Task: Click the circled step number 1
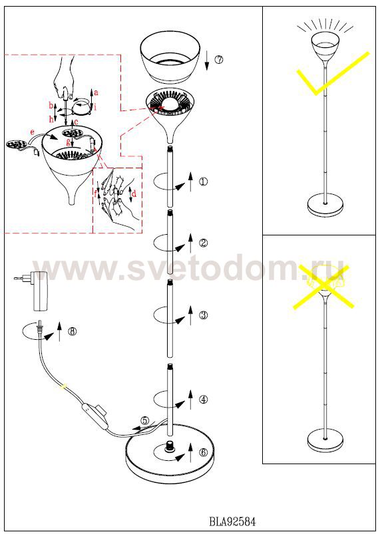[204, 181]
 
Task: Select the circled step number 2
[204, 243]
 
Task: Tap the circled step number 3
[204, 315]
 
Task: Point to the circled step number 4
[204, 400]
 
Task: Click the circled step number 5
[145, 420]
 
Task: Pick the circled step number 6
[204, 452]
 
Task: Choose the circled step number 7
[218, 59]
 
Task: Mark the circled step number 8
[72, 331]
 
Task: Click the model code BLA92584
[232, 522]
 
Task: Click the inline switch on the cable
[94, 412]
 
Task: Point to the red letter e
[33, 132]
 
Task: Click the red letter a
[96, 92]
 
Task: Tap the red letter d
[134, 194]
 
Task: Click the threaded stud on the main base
[170, 446]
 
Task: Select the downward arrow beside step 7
[207, 61]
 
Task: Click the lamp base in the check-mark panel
[325, 205]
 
